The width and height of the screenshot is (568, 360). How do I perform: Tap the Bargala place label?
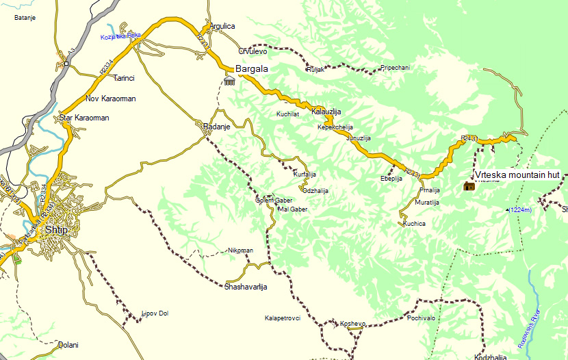click(x=251, y=69)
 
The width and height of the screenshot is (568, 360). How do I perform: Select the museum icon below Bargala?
click(x=229, y=81)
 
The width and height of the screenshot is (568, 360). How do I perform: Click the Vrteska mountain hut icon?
click(x=469, y=186)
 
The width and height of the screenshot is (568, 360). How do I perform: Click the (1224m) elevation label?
click(x=520, y=210)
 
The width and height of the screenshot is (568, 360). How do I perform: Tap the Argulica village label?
click(x=222, y=26)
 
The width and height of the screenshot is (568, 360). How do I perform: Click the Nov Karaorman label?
click(x=111, y=99)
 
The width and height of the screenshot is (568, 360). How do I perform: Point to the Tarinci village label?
click(x=125, y=78)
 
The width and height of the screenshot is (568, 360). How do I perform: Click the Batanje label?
click(x=26, y=18)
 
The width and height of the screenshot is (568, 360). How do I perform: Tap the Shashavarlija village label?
click(x=246, y=287)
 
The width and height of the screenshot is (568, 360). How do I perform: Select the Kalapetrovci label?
click(x=283, y=318)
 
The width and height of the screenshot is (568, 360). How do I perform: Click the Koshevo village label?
click(x=353, y=324)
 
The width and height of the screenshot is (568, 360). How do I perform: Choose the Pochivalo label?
click(x=422, y=318)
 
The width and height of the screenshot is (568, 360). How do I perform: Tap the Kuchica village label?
click(x=415, y=224)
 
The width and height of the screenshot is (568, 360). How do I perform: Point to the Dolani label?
click(x=68, y=345)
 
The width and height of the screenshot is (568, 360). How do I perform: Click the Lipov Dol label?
click(x=155, y=313)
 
